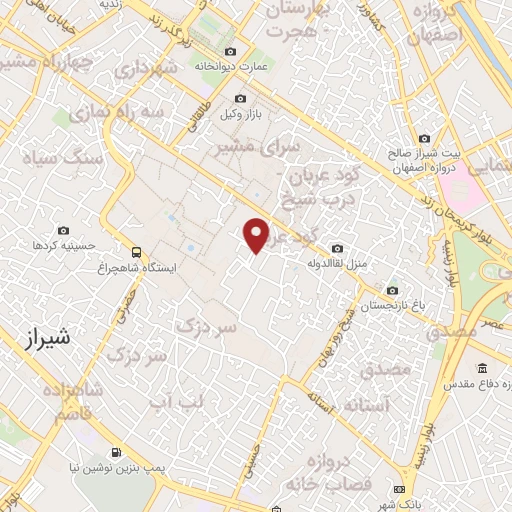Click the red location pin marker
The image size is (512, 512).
pos(257,235)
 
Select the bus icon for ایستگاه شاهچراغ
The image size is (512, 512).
pos(135,253)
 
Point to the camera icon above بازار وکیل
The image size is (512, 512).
pos(239,99)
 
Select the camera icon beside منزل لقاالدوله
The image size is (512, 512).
pos(337,248)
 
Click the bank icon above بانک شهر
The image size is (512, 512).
pos(400,488)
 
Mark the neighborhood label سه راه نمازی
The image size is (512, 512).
pos(151,112)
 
